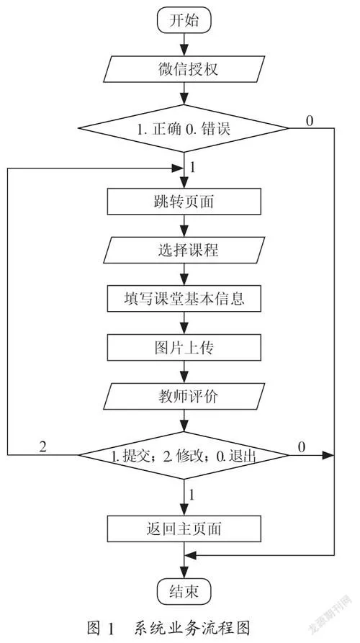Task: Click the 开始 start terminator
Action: [x=184, y=20]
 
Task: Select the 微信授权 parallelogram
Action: [x=184, y=69]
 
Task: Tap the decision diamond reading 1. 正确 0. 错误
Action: [x=184, y=129]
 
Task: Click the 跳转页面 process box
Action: [x=184, y=202]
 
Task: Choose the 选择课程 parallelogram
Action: [x=184, y=250]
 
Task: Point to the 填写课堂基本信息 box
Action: [x=184, y=299]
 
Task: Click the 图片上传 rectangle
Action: [x=184, y=347]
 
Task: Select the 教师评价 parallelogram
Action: [x=184, y=396]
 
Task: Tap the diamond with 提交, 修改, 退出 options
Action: [x=184, y=455]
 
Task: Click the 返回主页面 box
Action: [x=184, y=529]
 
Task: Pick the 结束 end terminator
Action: [x=184, y=592]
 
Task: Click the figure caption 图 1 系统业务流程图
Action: [x=168, y=627]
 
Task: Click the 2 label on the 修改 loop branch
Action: [x=42, y=446]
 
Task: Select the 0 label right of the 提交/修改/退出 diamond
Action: [x=302, y=447]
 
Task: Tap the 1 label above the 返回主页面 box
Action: [x=192, y=495]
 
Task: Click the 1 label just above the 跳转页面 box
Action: [x=192, y=168]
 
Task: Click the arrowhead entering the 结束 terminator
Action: [x=184, y=574]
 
